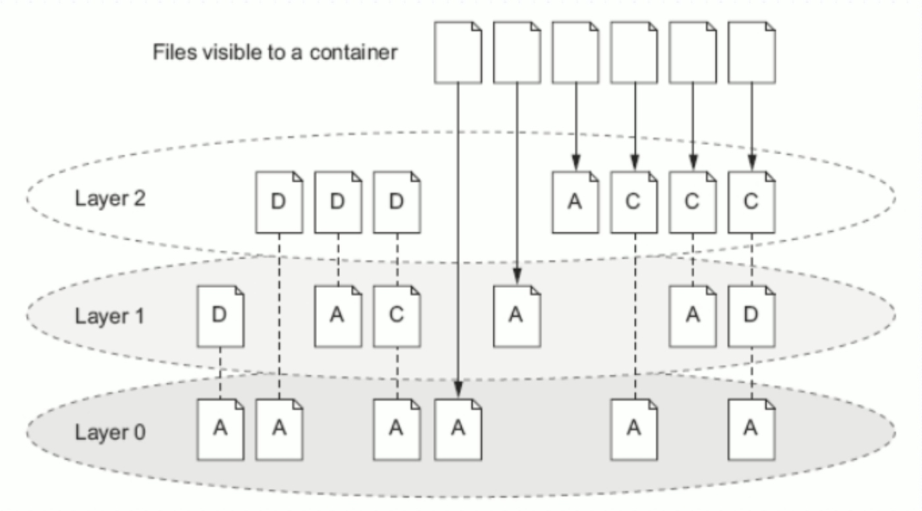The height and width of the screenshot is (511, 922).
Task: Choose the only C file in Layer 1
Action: pos(396,316)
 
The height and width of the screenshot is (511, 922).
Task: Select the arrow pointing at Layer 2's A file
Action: pos(576,125)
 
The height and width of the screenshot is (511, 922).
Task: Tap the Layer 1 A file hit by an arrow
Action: pos(516,316)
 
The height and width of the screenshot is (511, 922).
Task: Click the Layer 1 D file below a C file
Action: pos(751,316)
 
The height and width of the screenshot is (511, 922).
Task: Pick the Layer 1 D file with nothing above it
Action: pos(221,316)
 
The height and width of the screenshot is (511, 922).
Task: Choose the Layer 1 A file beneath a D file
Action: pos(337,316)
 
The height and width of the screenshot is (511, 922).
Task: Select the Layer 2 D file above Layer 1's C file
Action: pos(396,202)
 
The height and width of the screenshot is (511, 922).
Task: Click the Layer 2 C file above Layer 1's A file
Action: pos(692,202)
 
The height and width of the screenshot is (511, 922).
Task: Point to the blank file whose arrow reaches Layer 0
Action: pos(458,52)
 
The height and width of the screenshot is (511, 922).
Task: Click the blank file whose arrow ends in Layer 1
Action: pos(516,52)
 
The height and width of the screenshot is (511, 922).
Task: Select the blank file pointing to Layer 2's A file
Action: pos(576,52)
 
